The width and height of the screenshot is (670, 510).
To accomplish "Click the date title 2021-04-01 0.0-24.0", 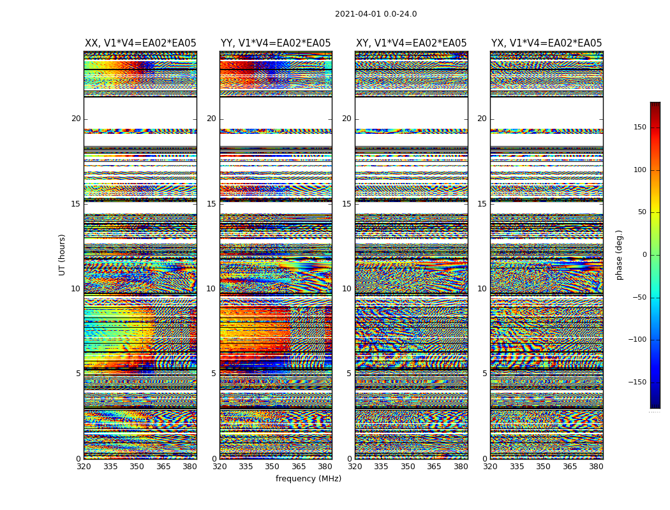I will [x=376, y=14].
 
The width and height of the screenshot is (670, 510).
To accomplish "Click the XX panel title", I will [x=140, y=43].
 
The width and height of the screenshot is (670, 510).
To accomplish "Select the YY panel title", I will [x=276, y=43].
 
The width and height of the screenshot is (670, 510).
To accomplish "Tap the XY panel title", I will [x=411, y=43].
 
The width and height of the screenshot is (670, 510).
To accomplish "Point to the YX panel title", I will [x=546, y=43].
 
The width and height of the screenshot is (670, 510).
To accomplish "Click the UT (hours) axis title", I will [x=63, y=254].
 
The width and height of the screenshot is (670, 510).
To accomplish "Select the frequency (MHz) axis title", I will [x=308, y=479].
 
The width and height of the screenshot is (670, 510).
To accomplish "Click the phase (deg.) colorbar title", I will [x=619, y=254].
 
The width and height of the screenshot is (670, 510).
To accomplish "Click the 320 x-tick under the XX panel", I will [x=84, y=467].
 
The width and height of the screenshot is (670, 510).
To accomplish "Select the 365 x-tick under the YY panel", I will [x=299, y=467].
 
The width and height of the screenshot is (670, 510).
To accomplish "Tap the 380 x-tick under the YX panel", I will [x=596, y=467].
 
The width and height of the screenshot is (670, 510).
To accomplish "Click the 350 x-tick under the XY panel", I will [x=408, y=467].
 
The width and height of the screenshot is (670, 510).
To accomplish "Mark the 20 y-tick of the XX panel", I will [x=76, y=119].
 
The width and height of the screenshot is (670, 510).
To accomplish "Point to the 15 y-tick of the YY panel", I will [x=211, y=204].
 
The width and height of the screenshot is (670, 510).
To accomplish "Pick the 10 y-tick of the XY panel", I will [x=346, y=289].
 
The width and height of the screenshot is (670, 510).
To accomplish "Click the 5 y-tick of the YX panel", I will [x=484, y=374].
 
